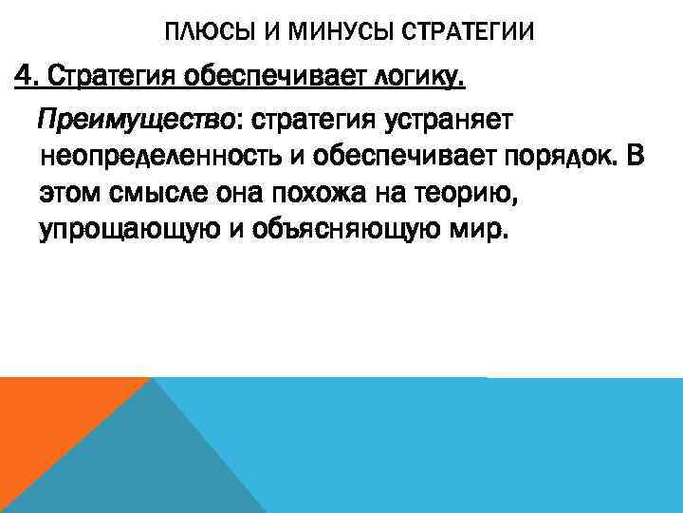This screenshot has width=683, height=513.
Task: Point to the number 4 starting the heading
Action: coord(20,75)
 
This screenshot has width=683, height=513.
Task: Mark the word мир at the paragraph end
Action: coord(485,232)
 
